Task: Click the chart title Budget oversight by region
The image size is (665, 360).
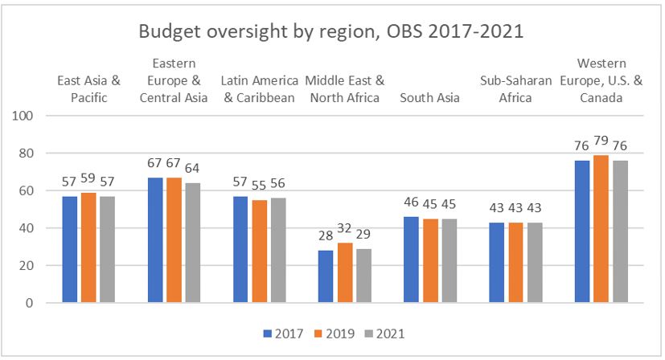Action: coord(331,31)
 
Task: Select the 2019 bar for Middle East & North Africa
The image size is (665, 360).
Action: coord(344,272)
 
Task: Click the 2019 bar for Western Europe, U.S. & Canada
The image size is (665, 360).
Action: coord(601,229)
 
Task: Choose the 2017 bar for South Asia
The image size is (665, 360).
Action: coord(412,260)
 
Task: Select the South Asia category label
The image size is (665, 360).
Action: coord(429,98)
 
